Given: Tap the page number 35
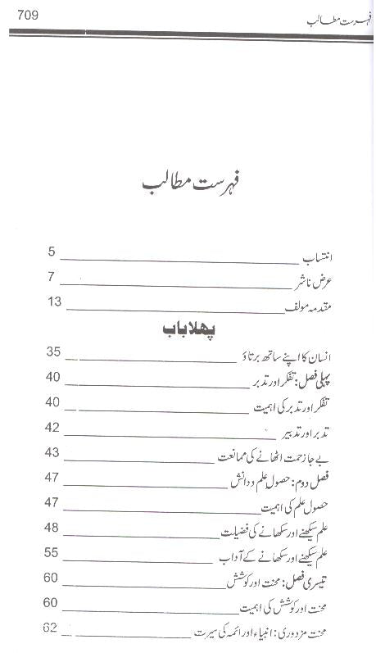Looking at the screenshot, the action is [53, 352].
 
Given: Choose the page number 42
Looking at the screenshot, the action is [53, 428].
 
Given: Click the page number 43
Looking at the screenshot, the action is [53, 453].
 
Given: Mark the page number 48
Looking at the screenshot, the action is [53, 528].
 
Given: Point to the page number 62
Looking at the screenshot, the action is [53, 629].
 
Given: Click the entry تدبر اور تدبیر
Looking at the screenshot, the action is [318, 430].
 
